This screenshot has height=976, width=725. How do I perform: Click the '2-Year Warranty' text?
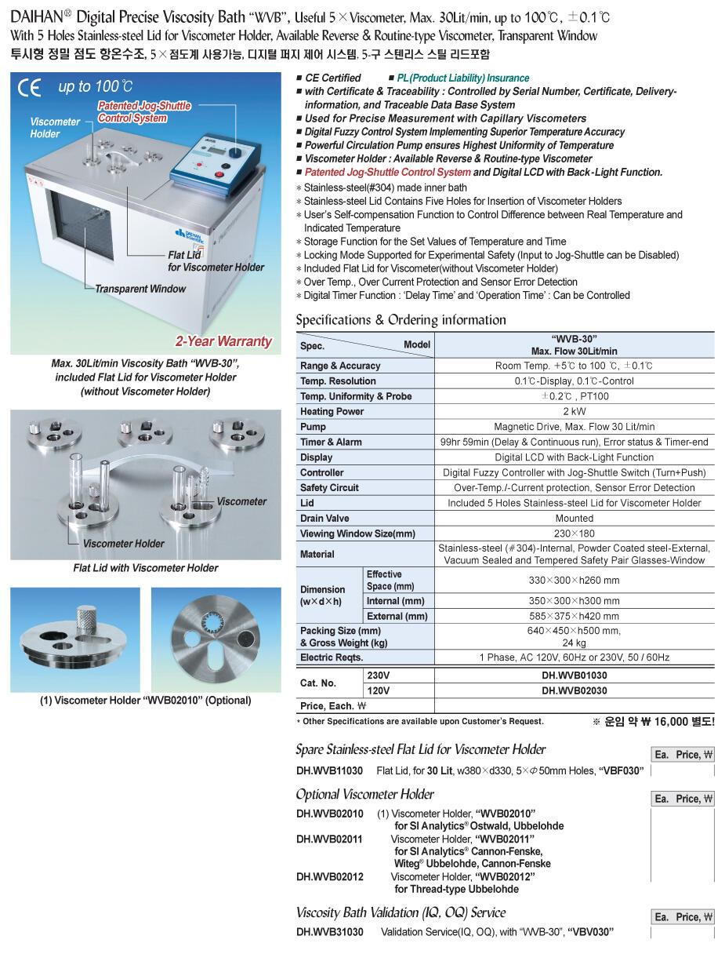coord(223,341)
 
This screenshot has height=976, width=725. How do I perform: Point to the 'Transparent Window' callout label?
coord(140,289)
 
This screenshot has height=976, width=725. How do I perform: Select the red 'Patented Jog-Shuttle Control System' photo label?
coord(144,112)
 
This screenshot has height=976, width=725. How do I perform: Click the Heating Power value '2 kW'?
coord(574,411)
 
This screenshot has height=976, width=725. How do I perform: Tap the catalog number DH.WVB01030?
coord(574,675)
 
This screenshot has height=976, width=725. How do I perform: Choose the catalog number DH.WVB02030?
coord(574,690)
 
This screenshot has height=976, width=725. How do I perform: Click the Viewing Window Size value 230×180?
coord(574,534)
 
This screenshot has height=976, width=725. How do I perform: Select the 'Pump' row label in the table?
coord(313,427)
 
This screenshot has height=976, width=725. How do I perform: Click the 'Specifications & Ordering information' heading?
coord(401,320)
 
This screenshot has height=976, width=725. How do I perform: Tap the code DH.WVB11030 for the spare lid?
coord(329,771)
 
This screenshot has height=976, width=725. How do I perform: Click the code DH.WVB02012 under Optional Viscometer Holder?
coord(329,876)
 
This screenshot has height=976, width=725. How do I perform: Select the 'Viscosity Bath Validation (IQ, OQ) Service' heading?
coord(401,912)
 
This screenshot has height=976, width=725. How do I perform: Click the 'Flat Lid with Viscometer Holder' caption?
coord(145,568)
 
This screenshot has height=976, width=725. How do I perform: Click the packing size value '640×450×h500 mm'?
coord(574,631)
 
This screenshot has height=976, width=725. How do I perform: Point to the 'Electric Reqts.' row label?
coord(332,657)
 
